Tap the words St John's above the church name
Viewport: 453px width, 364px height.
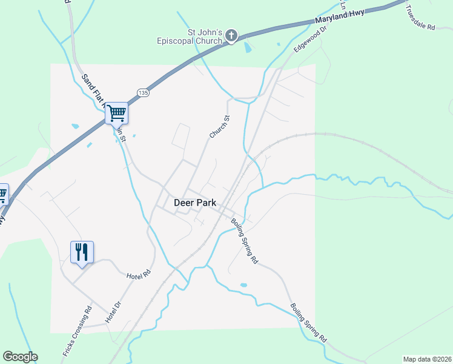click(x=202, y=32)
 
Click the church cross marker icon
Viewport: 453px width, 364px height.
click(x=231, y=36)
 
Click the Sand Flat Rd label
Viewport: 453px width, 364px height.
click(x=94, y=89)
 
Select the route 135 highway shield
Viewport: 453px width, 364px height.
click(x=142, y=93)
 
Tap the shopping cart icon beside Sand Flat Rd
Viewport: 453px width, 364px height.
click(x=116, y=112)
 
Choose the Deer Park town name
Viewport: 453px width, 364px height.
click(x=195, y=203)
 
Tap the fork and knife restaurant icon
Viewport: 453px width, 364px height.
click(x=82, y=251)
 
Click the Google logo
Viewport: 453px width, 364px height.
click(x=20, y=357)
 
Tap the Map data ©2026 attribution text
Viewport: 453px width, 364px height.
click(x=427, y=359)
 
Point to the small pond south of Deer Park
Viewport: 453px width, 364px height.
click(x=243, y=285)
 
